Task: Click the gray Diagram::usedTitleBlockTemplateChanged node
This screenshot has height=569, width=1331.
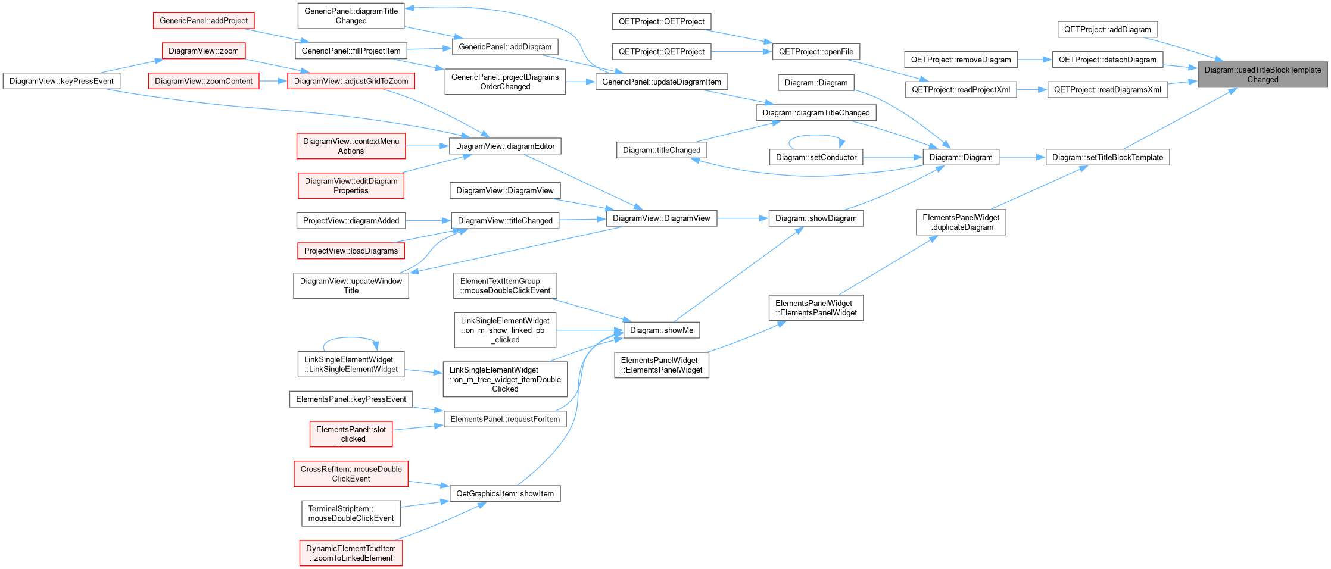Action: click(1263, 74)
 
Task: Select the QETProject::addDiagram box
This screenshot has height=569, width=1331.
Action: click(1108, 29)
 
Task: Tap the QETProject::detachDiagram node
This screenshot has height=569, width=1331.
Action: click(1108, 60)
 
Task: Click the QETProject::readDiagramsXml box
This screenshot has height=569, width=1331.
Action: click(1108, 90)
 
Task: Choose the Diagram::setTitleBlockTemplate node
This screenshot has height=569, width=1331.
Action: click(1108, 157)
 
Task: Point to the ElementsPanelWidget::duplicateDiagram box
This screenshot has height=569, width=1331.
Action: click(961, 222)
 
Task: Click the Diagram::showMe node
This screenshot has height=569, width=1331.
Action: click(662, 330)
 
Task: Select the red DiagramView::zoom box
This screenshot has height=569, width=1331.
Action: click(204, 51)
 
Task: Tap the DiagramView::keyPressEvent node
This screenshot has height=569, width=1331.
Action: click(61, 81)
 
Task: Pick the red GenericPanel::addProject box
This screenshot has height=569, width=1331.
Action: click(204, 21)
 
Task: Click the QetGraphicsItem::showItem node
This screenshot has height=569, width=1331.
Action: click(505, 493)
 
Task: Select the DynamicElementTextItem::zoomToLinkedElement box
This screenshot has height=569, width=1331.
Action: click(351, 553)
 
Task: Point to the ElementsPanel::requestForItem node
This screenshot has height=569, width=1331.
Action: click(505, 419)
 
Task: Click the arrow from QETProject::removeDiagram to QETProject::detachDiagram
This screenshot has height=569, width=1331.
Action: click(1034, 60)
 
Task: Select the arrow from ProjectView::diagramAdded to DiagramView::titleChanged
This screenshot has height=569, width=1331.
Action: click(428, 221)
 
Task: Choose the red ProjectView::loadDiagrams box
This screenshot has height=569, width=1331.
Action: click(351, 251)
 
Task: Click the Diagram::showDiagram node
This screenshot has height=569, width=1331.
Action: click(816, 218)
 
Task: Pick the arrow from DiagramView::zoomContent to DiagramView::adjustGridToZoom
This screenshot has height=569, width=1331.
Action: click(273, 81)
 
